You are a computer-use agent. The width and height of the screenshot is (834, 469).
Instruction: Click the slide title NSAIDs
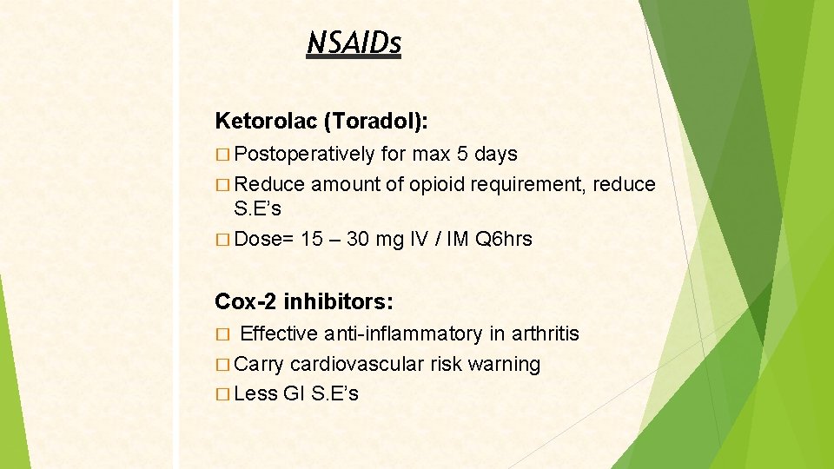(354, 43)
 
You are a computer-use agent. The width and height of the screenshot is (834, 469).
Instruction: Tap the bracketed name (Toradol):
(374, 121)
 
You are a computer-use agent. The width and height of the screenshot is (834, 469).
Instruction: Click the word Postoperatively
(305, 155)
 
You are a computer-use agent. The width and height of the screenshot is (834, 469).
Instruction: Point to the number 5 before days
(463, 155)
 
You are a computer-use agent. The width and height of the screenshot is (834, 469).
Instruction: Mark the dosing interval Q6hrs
(504, 239)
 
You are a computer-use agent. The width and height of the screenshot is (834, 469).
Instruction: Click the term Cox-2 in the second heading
(246, 302)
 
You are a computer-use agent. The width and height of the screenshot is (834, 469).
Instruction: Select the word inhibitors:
(338, 302)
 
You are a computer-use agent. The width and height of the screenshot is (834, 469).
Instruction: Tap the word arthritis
(546, 334)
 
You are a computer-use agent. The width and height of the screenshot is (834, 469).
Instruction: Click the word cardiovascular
(357, 365)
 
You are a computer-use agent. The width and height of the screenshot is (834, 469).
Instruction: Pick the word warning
(504, 365)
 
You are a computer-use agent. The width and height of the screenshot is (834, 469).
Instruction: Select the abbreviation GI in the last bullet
(295, 394)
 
